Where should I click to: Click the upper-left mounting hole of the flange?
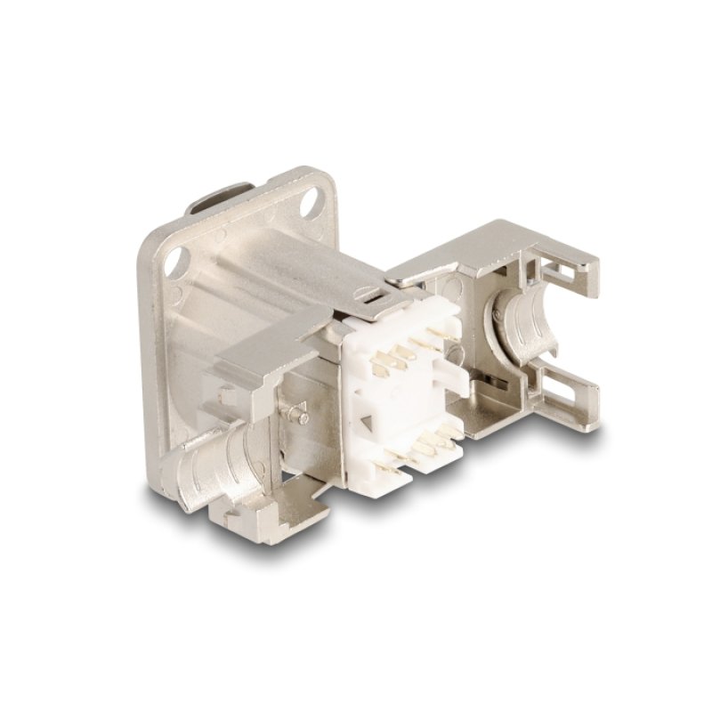click(x=175, y=261)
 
